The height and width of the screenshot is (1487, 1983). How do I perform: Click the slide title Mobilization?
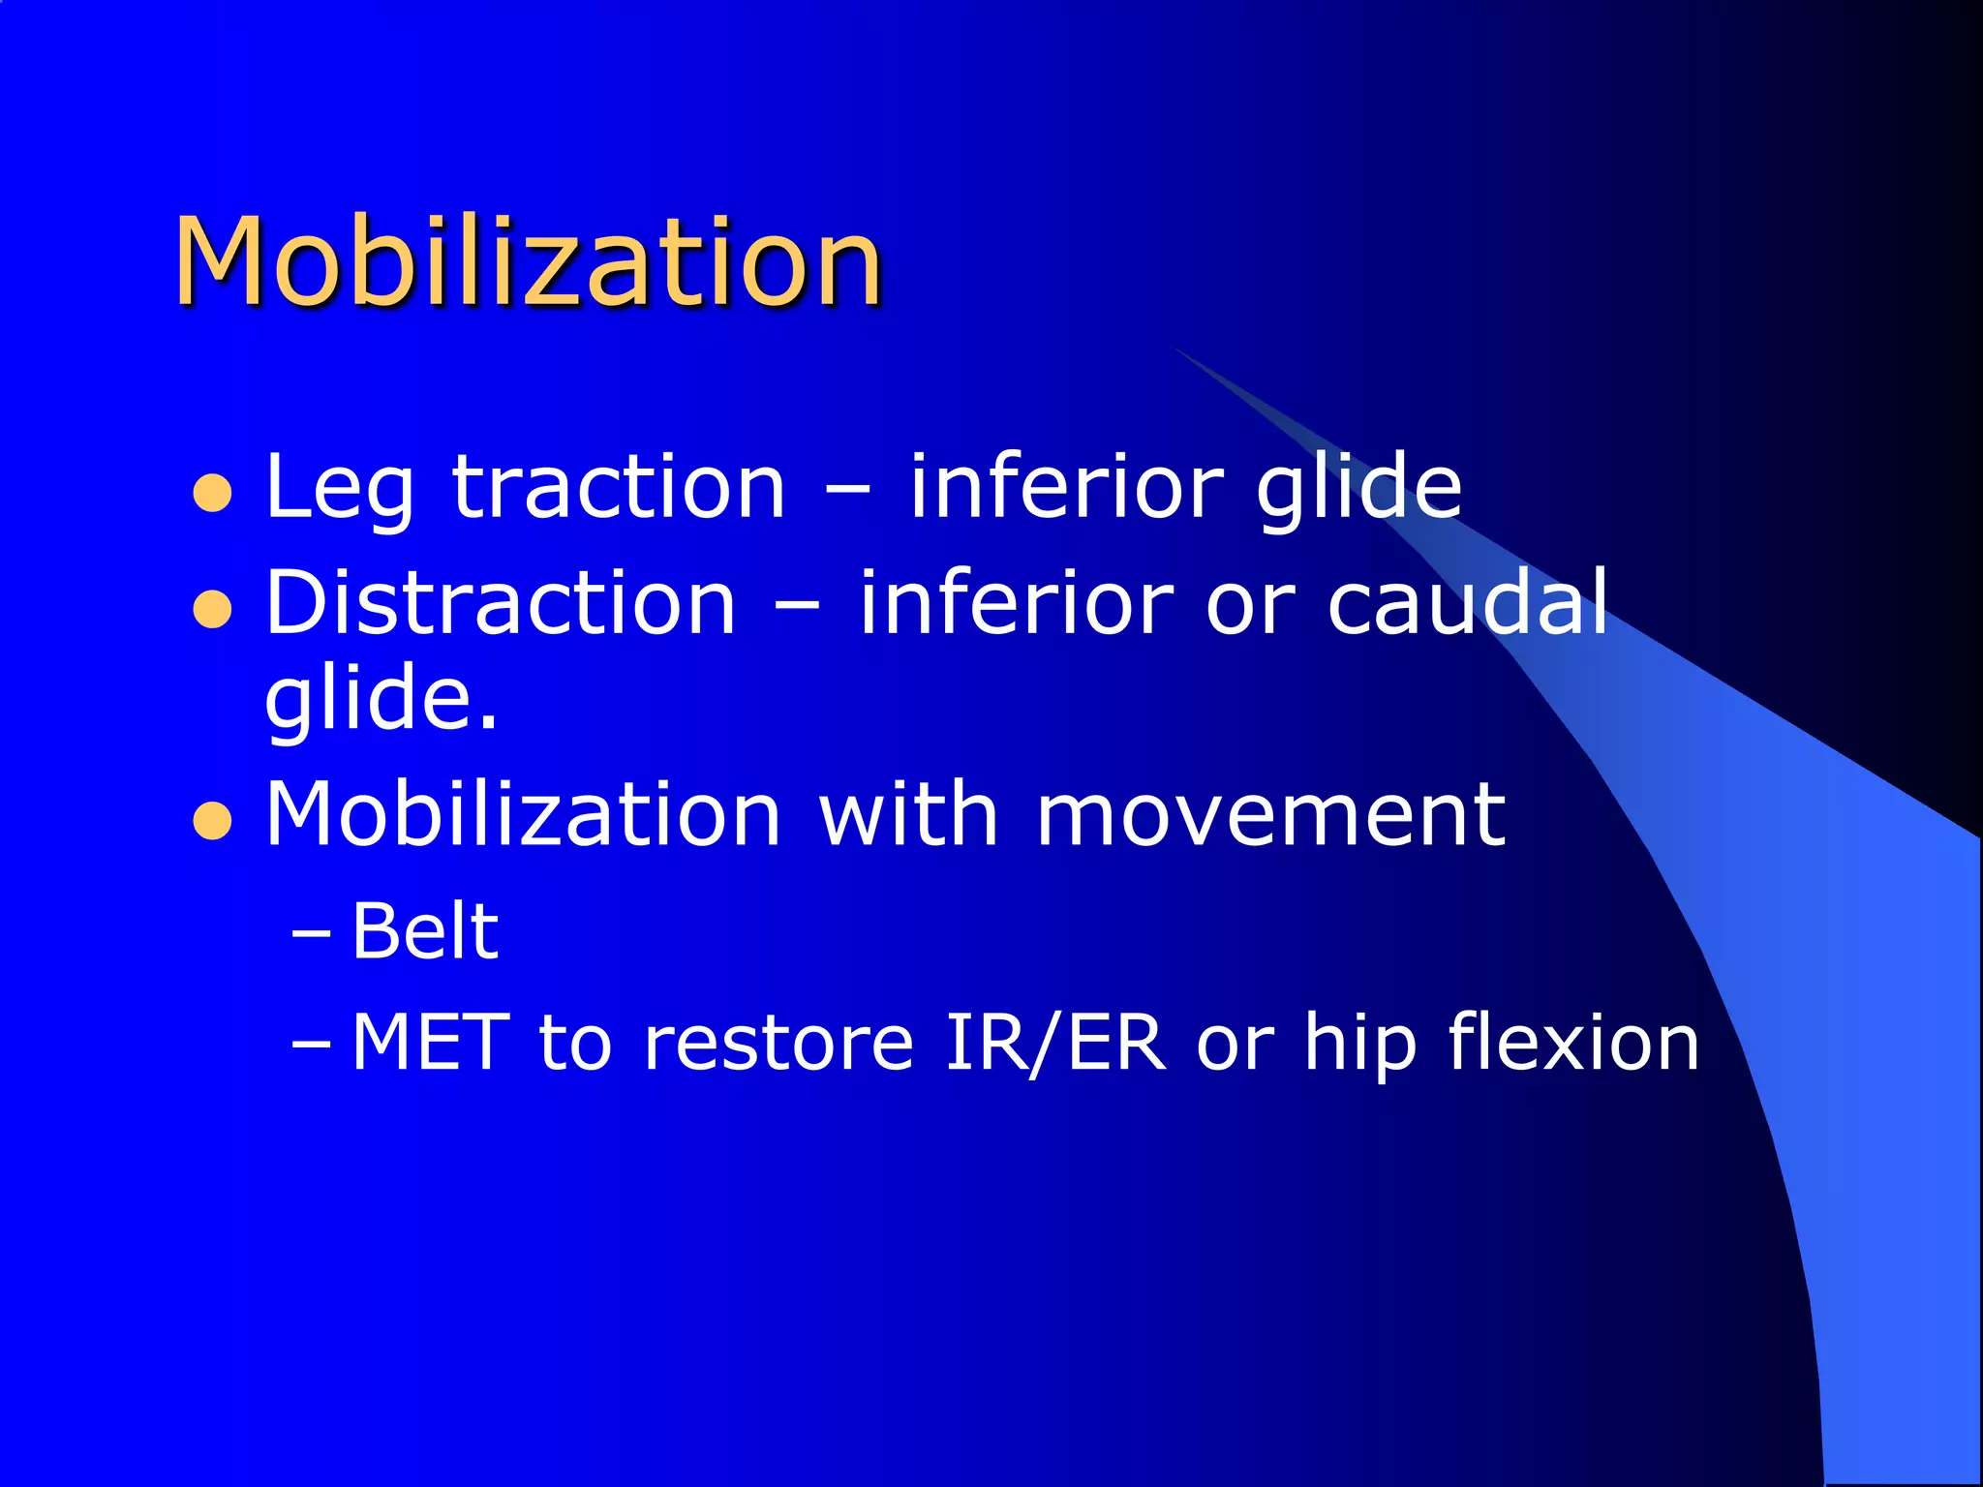(528, 263)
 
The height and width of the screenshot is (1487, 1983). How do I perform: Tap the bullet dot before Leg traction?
(212, 493)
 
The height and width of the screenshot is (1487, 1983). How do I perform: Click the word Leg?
(339, 489)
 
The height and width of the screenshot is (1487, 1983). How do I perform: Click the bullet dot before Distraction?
(212, 610)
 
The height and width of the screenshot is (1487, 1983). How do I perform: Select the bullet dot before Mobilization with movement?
(212, 822)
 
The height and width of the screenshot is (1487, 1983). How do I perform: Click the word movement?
(1269, 815)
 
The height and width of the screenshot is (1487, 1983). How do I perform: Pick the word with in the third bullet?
(908, 815)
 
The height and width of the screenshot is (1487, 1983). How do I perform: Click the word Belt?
(424, 931)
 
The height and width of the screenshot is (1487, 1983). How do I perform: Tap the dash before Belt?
(311, 934)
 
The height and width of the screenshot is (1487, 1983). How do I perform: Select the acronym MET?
(430, 1043)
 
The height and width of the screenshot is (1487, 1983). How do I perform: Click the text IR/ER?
(1054, 1043)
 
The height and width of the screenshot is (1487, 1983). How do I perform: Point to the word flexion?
(1572, 1043)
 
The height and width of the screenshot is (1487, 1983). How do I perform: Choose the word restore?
(778, 1045)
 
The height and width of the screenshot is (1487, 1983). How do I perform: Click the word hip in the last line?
(1359, 1045)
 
